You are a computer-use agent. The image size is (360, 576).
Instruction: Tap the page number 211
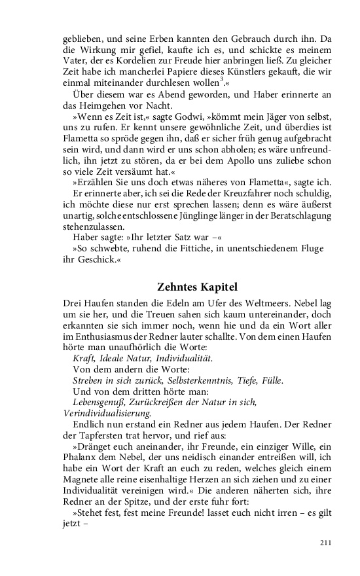click(x=326, y=542)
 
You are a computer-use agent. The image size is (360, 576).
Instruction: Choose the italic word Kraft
click(x=84, y=359)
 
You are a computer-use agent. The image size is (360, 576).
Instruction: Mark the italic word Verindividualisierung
click(x=107, y=413)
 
